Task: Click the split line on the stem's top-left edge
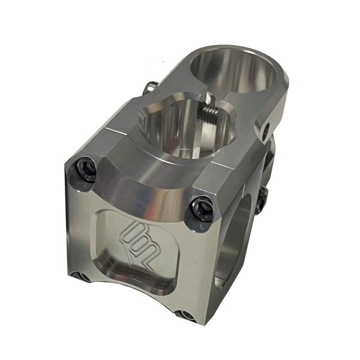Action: (108, 127)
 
